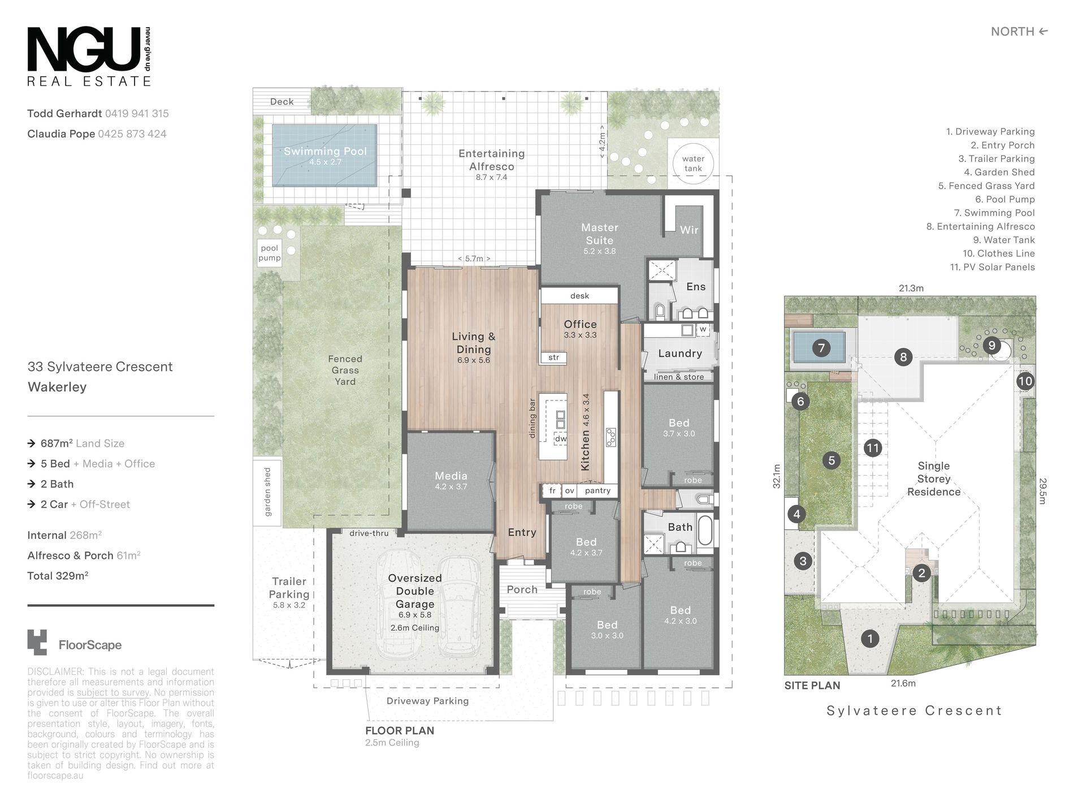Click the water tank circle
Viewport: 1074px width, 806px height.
point(693,163)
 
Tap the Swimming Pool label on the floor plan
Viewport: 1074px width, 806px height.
point(325,151)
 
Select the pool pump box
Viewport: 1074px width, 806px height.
point(270,253)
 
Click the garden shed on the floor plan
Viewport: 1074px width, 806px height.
point(267,492)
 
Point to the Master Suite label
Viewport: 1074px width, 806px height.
point(599,234)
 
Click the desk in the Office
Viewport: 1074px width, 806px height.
point(579,296)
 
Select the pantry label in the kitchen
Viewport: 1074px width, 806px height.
point(597,490)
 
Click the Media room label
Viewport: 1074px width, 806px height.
point(451,476)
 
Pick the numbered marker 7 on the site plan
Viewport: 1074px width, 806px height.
point(821,348)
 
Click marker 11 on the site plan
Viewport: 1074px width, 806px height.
point(873,448)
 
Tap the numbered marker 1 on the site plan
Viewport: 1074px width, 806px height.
point(870,639)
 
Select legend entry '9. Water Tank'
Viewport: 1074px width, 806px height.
point(1003,240)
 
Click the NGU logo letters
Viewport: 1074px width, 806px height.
point(84,49)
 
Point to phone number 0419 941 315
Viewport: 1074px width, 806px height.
point(137,113)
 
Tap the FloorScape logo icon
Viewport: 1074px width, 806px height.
point(37,643)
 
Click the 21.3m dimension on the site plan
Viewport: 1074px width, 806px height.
point(911,288)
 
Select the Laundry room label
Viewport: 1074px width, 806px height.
point(680,354)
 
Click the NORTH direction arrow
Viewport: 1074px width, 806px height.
point(1043,32)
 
